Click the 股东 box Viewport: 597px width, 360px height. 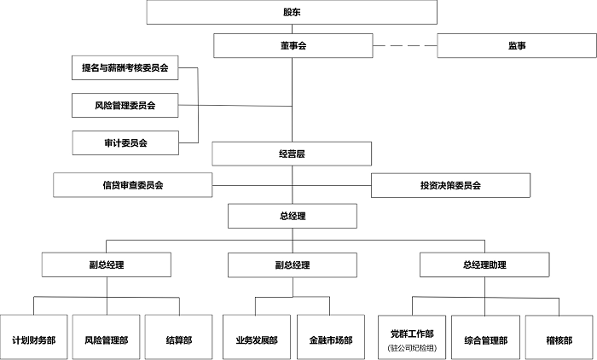pyautogui.click(x=292, y=12)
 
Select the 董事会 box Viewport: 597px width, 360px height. pyautogui.click(x=293, y=46)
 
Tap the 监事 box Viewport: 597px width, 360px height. pyautogui.click(x=517, y=46)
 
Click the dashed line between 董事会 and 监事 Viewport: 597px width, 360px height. pyautogui.click(x=405, y=46)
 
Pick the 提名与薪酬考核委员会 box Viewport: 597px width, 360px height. pyautogui.click(x=125, y=67)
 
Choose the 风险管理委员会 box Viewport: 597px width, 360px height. pyautogui.click(x=125, y=105)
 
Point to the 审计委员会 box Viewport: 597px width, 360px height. pyautogui.click(x=125, y=142)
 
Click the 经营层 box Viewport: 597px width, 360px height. pyautogui.click(x=292, y=154)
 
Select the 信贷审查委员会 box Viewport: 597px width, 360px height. pyautogui.click(x=132, y=185)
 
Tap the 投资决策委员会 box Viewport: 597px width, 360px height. pyautogui.click(x=450, y=185)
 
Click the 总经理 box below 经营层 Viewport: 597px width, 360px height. pyautogui.click(x=293, y=216)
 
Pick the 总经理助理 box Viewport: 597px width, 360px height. pyautogui.click(x=484, y=264)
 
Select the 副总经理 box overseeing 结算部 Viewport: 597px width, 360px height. pyautogui.click(x=107, y=264)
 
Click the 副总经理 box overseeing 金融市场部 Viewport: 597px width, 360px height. pyautogui.click(x=293, y=264)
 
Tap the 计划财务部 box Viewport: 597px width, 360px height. pyautogui.click(x=34, y=337)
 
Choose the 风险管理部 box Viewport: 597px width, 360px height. pyautogui.click(x=107, y=337)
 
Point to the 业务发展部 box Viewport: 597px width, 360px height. pyautogui.click(x=257, y=337)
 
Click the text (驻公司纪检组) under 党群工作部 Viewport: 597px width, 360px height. pyautogui.click(x=412, y=348)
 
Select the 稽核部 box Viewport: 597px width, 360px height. pyautogui.click(x=559, y=338)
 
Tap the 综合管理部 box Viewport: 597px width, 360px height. pyautogui.click(x=485, y=338)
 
